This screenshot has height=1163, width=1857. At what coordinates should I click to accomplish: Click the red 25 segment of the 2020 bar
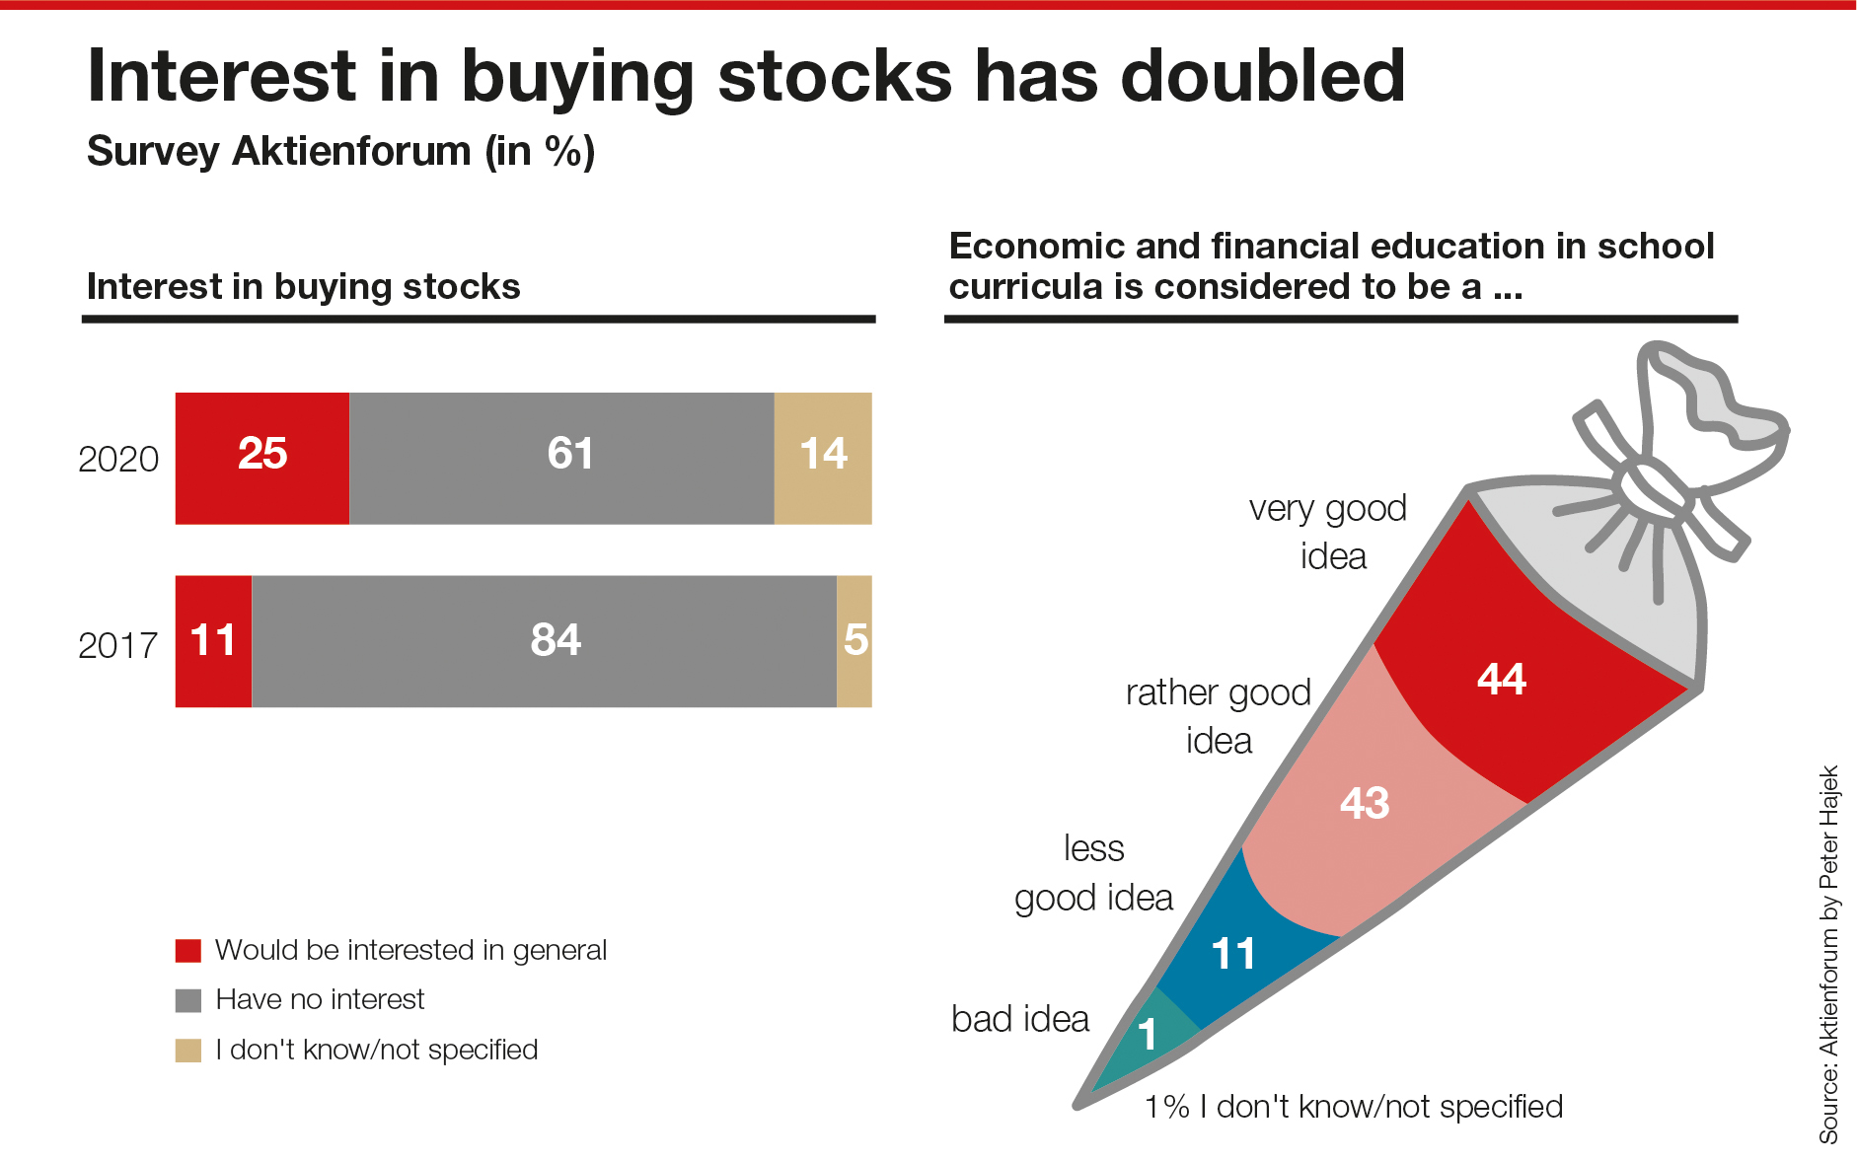[262, 458]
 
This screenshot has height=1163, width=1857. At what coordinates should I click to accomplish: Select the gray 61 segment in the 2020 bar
[561, 458]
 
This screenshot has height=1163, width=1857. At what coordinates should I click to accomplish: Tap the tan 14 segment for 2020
[823, 458]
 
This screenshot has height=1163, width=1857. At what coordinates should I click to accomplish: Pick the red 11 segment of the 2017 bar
[213, 641]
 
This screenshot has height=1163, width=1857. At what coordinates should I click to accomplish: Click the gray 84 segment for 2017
[544, 641]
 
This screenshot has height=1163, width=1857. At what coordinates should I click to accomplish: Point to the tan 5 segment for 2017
[854, 641]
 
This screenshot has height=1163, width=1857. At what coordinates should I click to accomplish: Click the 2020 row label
[118, 459]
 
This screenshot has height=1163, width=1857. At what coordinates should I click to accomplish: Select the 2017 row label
[118, 645]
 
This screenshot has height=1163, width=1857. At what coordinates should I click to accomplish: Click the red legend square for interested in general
[188, 951]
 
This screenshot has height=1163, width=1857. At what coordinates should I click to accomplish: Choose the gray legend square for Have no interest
[188, 1000]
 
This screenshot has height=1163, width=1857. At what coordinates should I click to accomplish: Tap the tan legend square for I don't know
[188, 1051]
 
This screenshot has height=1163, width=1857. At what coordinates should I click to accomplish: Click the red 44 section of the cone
[1510, 671]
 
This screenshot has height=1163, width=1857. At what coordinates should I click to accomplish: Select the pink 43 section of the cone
[1372, 799]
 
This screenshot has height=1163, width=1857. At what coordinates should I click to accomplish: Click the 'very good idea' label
[1329, 532]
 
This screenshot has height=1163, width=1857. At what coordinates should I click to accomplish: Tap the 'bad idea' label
[1020, 1019]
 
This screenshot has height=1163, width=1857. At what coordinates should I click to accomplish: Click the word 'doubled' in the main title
[1262, 76]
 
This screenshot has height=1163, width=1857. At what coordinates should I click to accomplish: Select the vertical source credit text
[1828, 955]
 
